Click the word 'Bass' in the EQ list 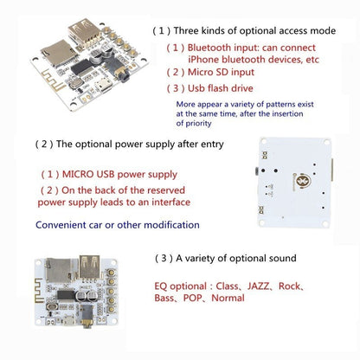click(168, 298)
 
